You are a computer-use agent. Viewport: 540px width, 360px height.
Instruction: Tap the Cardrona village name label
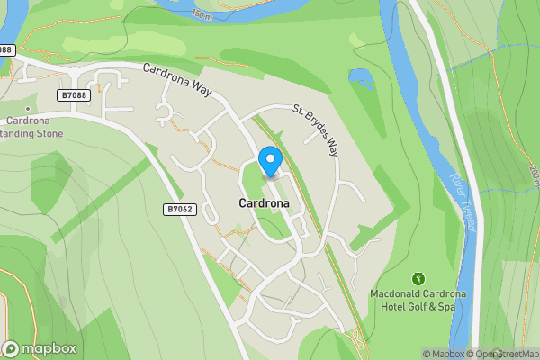coord(264,203)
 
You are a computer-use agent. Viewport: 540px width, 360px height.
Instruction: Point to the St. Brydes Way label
coord(315,130)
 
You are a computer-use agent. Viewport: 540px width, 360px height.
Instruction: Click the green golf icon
coord(417,279)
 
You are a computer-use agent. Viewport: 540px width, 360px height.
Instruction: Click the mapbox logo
coord(40,348)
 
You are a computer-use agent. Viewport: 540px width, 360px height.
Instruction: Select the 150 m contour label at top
coord(228,13)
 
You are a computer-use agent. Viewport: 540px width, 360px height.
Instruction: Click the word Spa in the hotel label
coord(446,307)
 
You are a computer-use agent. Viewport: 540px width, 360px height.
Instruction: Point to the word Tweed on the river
coord(467,213)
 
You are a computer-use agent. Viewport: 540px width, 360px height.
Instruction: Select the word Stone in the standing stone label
coord(49,133)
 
